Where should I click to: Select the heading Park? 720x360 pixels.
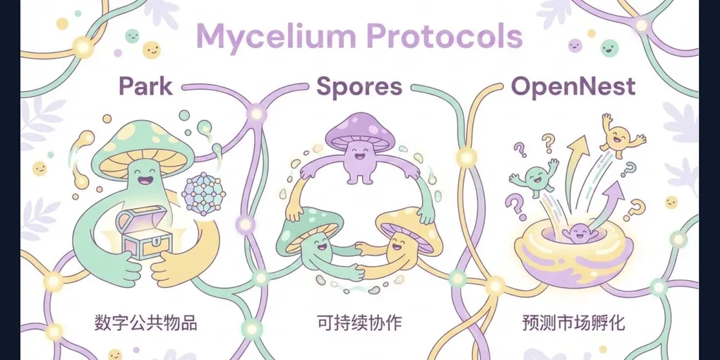[145, 87]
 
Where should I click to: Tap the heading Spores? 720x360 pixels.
[359, 87]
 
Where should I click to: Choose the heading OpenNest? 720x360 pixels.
[572, 87]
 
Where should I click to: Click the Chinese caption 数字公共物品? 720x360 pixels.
[145, 323]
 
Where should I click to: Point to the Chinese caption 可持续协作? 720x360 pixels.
[359, 323]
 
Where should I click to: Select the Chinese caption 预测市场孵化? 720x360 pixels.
[572, 323]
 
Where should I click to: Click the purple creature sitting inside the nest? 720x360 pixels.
[579, 233]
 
